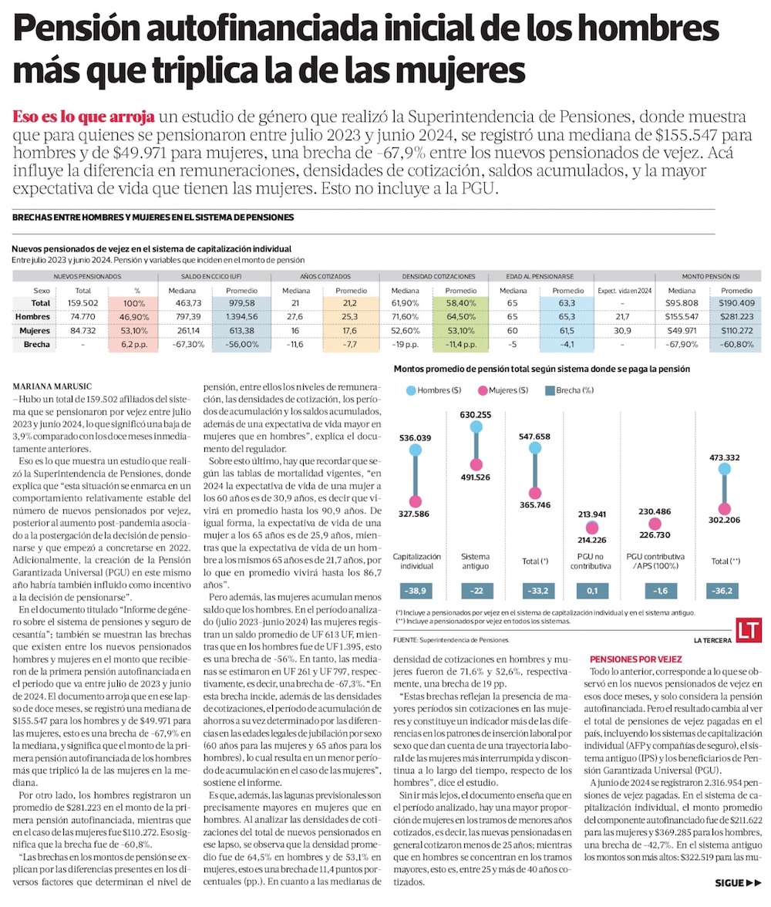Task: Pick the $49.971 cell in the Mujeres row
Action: pos(680,330)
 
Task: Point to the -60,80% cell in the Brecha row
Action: pos(736,344)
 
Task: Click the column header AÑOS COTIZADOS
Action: pos(327,275)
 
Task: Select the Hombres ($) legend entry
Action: pos(432,390)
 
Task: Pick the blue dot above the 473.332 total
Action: pos(724,468)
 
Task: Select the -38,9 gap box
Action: pos(416,591)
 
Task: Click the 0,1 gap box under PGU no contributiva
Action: pos(592,591)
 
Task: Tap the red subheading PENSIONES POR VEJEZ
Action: pos(635,660)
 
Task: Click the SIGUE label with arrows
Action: pos(737,882)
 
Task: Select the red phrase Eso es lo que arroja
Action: pos(83,117)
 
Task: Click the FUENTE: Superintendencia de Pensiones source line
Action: pos(451,640)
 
